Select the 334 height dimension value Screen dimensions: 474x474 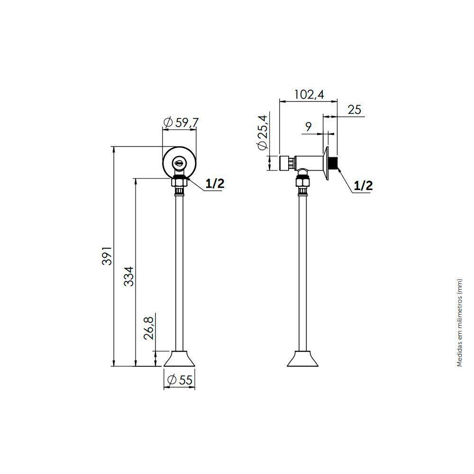[128, 276]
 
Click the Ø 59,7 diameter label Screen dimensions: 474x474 [180, 123]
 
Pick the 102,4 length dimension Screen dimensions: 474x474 [309, 94]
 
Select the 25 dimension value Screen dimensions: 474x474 [354, 110]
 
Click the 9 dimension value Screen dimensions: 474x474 [308, 127]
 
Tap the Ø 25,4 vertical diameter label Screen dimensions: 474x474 [263, 132]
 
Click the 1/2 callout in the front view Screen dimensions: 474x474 [215, 184]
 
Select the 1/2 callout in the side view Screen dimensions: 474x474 [363, 186]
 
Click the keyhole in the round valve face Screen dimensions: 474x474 [179, 163]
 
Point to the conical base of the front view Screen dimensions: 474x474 [179, 359]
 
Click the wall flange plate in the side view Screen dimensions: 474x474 [327, 163]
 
